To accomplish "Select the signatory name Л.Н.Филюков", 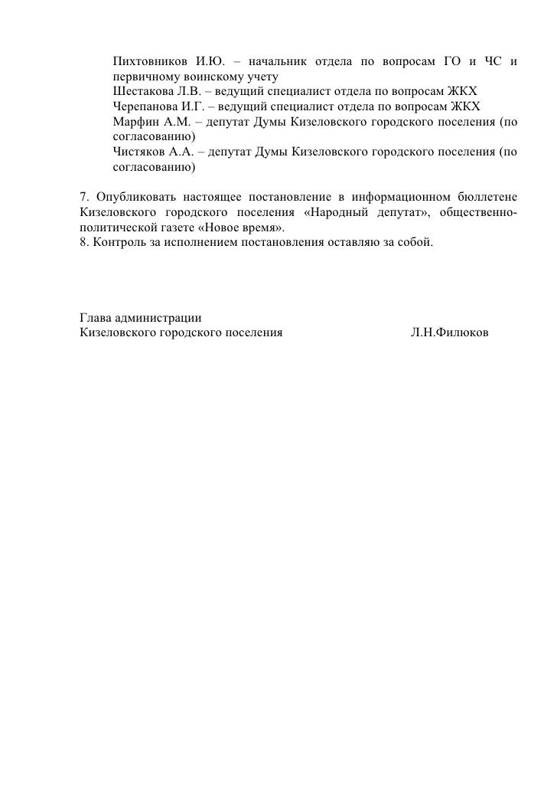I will point(448,333).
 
